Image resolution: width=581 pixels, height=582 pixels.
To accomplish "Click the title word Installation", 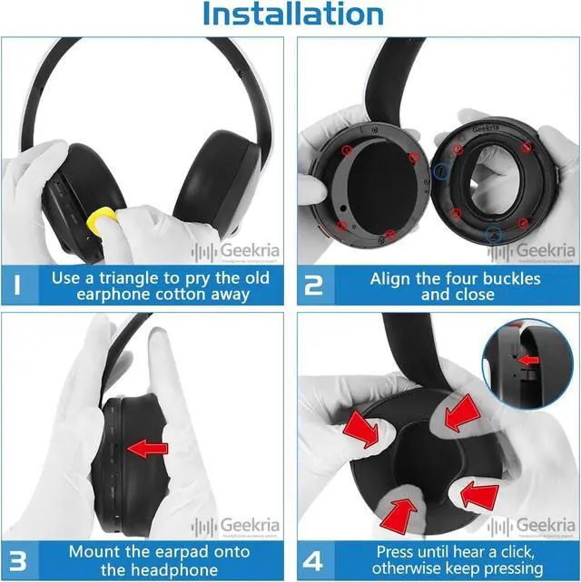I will (x=292, y=15).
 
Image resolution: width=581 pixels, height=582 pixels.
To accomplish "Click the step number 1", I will (x=20, y=286).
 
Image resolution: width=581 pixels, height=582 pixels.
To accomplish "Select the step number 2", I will (x=313, y=286).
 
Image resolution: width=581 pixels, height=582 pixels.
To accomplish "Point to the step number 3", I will (x=20, y=560).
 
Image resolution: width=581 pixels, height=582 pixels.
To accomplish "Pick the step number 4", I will (x=313, y=560).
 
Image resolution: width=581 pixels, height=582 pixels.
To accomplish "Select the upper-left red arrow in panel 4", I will (x=362, y=430).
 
